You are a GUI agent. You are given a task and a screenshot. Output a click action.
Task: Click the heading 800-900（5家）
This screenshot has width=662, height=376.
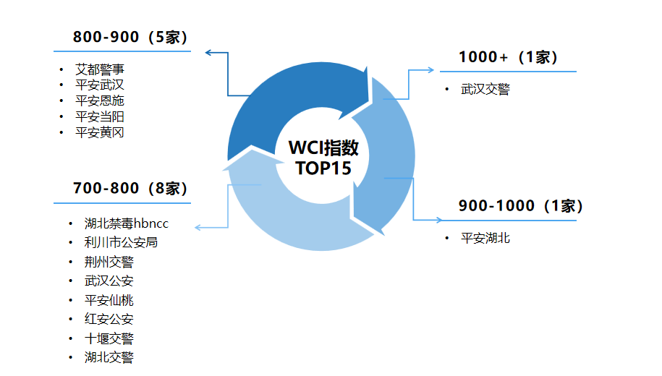tap(130, 38)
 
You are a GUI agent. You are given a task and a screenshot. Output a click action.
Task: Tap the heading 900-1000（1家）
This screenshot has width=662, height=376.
tap(520, 206)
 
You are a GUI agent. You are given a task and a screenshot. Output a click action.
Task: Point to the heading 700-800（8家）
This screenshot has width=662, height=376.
tap(130, 189)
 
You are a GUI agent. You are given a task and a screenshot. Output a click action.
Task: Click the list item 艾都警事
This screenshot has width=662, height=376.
tap(100, 69)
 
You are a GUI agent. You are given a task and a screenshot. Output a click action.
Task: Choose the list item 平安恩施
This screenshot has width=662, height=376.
tap(100, 101)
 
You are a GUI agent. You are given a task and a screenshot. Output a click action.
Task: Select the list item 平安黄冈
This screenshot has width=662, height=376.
tap(100, 132)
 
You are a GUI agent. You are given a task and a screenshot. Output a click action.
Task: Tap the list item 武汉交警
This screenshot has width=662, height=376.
tap(485, 90)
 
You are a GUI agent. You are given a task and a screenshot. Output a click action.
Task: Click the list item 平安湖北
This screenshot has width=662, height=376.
tap(485, 237)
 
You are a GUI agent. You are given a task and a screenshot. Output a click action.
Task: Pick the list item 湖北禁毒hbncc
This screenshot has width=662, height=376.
tap(126, 223)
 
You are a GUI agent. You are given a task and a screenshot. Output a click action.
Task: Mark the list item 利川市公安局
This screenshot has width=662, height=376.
tap(121, 242)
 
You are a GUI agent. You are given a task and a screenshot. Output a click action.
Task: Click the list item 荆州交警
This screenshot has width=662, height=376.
tap(109, 262)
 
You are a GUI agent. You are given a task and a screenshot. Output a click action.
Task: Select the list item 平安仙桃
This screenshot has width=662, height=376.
tap(109, 300)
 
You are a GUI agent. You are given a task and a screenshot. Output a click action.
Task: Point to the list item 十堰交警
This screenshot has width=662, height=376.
tap(109, 338)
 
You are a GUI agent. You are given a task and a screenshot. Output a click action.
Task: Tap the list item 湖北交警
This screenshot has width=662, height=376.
tap(109, 356)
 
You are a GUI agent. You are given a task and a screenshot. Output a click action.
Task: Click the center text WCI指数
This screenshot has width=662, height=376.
tap(323, 148)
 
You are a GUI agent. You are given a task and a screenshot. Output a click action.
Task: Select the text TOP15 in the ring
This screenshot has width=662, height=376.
tap(323, 168)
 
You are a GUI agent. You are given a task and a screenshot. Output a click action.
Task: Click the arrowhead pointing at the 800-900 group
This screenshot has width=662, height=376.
tap(208, 52)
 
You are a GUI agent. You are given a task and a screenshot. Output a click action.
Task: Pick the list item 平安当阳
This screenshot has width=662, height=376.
tap(100, 116)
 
